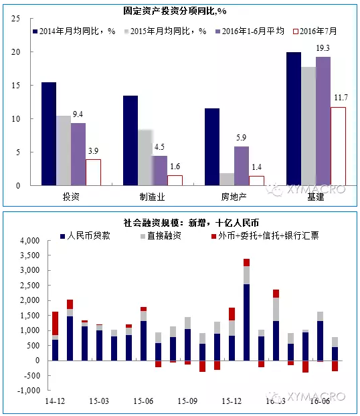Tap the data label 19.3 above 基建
click(x=323, y=48)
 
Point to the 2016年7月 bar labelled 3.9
click(x=93, y=173)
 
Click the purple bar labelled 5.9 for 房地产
click(x=242, y=166)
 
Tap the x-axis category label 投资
click(x=71, y=197)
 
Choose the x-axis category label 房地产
click(x=234, y=197)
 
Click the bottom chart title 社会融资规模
click(x=181, y=223)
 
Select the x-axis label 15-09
click(x=187, y=401)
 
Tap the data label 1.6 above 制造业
click(x=175, y=167)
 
